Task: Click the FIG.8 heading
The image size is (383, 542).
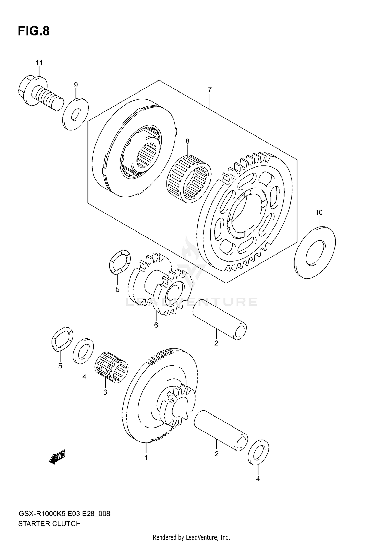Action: (x=33, y=31)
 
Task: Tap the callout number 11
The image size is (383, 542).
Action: (x=39, y=63)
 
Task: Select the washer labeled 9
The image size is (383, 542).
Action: (x=75, y=114)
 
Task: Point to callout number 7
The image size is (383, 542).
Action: (x=210, y=90)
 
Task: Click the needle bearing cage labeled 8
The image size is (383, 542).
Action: (x=189, y=179)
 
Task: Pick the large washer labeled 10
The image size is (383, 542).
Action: (x=315, y=252)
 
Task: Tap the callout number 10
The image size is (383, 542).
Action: (x=319, y=212)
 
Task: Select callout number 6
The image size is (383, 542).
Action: (x=156, y=325)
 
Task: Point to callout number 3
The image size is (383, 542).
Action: (x=105, y=392)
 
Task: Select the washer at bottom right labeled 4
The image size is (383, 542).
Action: (x=258, y=452)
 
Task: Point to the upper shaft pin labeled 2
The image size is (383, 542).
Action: (x=220, y=319)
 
